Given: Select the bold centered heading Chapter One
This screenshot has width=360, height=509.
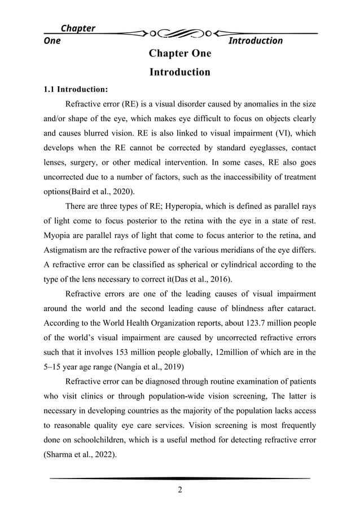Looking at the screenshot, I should (x=179, y=54).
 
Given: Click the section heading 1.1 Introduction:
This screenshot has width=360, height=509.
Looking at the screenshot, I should (x=76, y=89).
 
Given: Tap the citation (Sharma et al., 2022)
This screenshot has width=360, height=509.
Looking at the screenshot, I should (x=78, y=457).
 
